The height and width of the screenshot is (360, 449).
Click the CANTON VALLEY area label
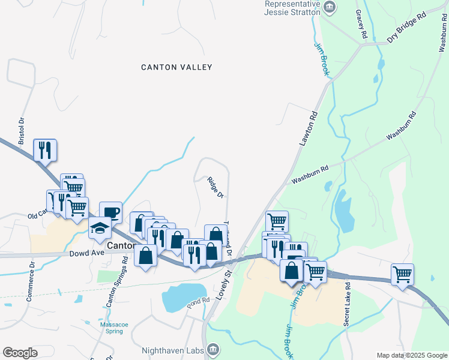pyautogui.click(x=176, y=67)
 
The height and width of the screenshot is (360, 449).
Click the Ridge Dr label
pyautogui.click(x=215, y=187)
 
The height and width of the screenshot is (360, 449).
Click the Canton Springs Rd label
pyautogui.click(x=117, y=283)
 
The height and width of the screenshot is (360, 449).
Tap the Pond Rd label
pyautogui.click(x=197, y=300)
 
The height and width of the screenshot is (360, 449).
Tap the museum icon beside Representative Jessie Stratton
pyautogui.click(x=329, y=7)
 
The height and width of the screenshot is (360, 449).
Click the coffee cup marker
pyautogui.click(x=110, y=212)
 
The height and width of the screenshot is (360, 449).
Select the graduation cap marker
pyautogui.click(x=100, y=228)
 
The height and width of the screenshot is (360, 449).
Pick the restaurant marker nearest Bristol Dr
pyautogui.click(x=45, y=149)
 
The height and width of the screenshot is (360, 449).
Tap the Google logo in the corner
pyautogui.click(x=20, y=353)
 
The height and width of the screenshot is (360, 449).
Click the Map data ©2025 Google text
pyautogui.click(x=411, y=355)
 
